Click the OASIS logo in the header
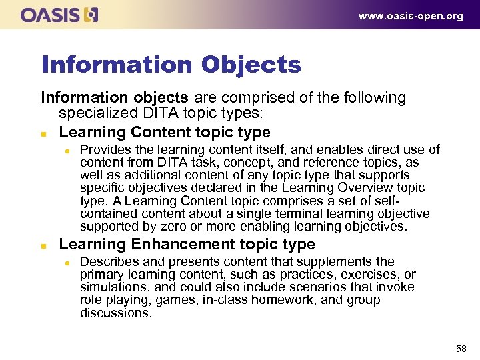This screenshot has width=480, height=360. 59,15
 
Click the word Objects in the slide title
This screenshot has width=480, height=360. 251,65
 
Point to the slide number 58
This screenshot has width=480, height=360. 459,347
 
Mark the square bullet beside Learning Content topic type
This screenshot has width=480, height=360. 44,133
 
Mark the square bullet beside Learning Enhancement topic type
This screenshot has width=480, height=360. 44,245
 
